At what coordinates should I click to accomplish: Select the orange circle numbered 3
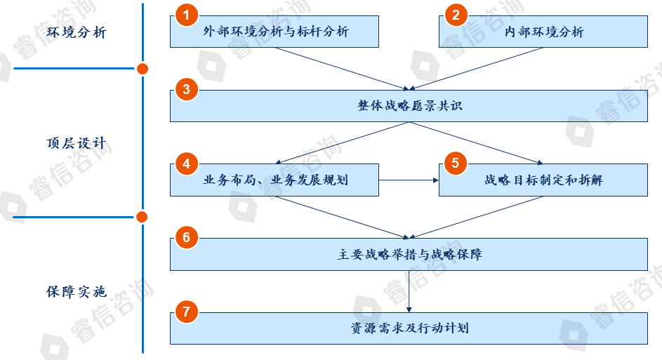pyautogui.click(x=186, y=90)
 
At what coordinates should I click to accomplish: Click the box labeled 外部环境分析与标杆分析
pyautogui.click(x=275, y=32)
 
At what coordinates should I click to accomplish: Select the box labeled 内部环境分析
pyautogui.click(x=544, y=32)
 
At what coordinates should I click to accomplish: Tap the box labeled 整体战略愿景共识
pyautogui.click(x=409, y=106)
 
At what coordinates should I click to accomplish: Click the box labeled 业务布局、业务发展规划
pyautogui.click(x=275, y=180)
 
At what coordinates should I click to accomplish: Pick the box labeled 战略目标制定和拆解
pyautogui.click(x=544, y=180)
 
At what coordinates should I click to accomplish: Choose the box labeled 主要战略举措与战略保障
pyautogui.click(x=409, y=254)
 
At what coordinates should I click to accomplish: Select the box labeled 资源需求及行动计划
pyautogui.click(x=409, y=328)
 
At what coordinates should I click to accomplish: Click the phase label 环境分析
pyautogui.click(x=77, y=32)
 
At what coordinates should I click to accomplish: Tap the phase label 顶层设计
pyautogui.click(x=77, y=143)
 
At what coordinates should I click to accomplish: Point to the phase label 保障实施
pyautogui.click(x=77, y=291)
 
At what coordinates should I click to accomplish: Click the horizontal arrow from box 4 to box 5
pyautogui.click(x=409, y=180)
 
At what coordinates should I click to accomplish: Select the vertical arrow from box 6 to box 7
pyautogui.click(x=409, y=291)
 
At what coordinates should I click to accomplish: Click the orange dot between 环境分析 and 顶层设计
pyautogui.click(x=143, y=69)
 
